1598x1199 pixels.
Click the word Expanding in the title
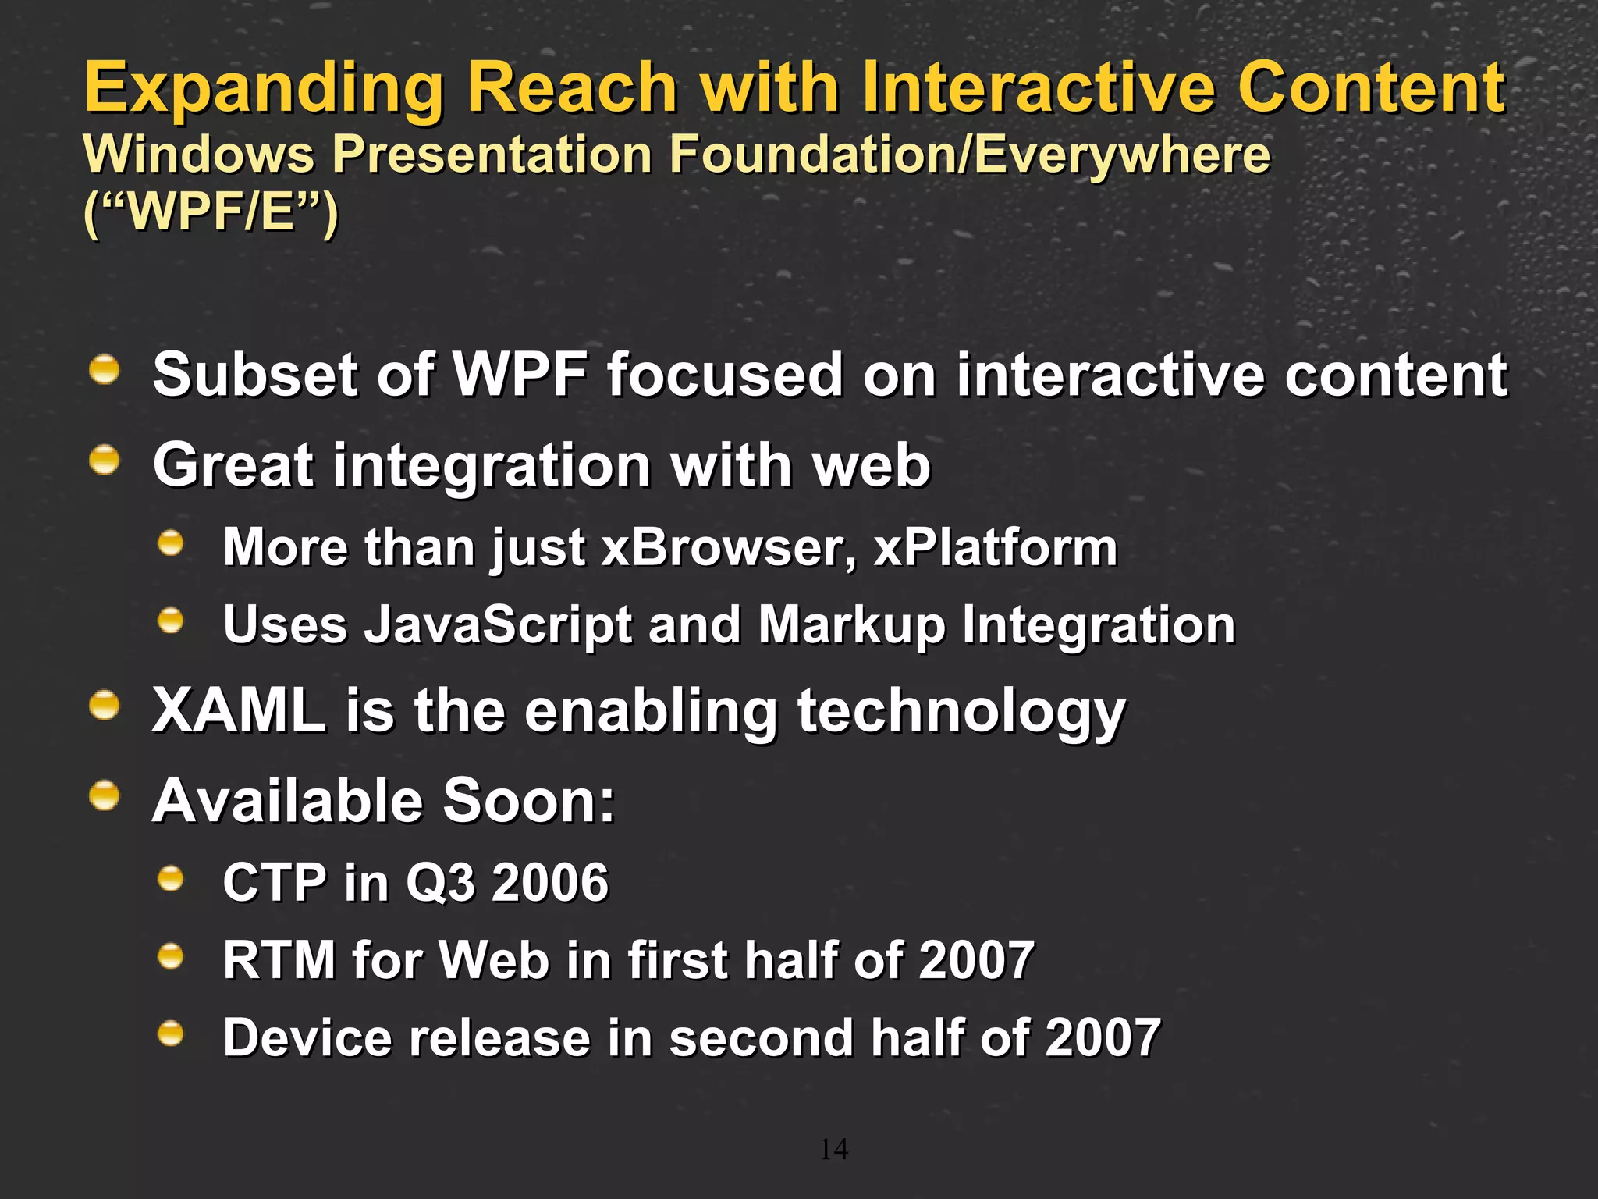(264, 90)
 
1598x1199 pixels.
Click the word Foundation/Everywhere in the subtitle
(970, 155)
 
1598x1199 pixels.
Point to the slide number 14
(833, 1149)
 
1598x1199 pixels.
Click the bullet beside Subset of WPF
(104, 369)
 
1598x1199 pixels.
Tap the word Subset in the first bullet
(254, 375)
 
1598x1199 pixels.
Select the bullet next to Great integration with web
(104, 460)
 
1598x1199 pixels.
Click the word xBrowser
(727, 547)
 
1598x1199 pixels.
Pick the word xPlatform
(995, 547)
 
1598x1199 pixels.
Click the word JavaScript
(498, 625)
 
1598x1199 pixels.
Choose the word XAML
(239, 711)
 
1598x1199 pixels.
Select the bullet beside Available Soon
(104, 796)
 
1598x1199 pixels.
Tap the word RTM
(279, 960)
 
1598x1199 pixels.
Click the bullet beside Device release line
(170, 1034)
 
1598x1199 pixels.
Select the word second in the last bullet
(761, 1038)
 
